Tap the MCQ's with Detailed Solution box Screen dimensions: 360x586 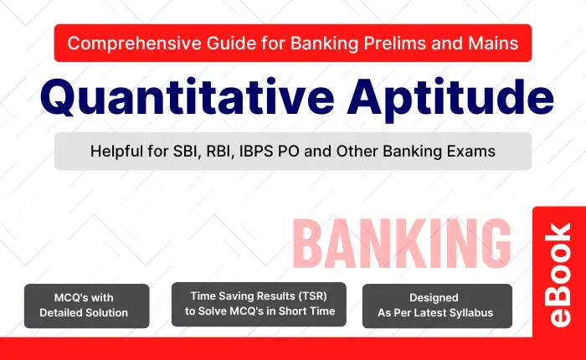point(87,305)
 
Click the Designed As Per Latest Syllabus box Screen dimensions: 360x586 point(436,305)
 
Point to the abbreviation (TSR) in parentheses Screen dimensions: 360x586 point(318,296)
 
